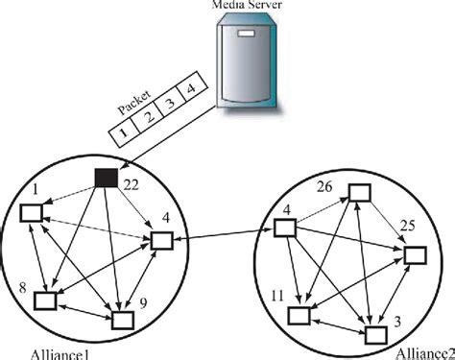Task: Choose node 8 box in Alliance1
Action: click(x=45, y=301)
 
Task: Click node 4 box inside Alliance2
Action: click(x=284, y=228)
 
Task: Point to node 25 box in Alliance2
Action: click(x=414, y=255)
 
